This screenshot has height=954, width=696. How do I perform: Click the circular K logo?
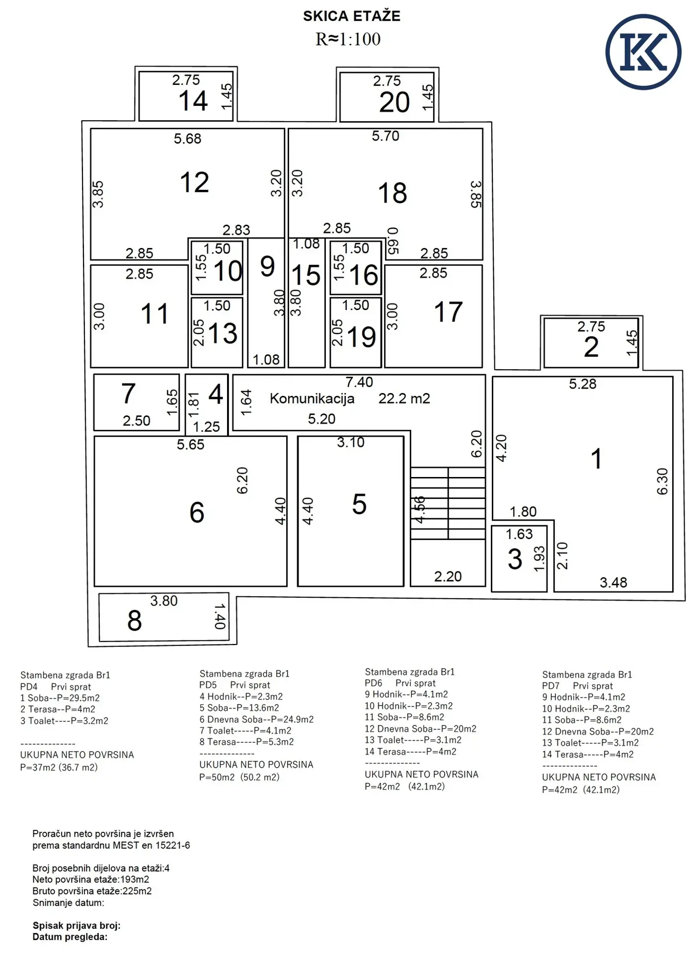643,52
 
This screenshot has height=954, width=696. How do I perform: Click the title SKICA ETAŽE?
352,16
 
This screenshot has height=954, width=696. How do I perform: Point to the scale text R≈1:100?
348,39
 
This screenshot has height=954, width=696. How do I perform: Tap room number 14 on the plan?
193,101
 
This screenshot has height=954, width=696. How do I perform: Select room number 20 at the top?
394,103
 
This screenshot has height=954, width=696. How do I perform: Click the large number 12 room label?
194,182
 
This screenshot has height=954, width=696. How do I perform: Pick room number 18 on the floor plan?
392,193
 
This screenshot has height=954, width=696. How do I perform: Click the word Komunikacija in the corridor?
312,398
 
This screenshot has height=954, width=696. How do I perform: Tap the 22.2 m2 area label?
404,398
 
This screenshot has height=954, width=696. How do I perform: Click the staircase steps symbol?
448,503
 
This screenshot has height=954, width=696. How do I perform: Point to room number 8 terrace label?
135,621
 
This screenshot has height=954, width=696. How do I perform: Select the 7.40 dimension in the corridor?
359,382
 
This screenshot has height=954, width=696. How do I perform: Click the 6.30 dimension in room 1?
663,481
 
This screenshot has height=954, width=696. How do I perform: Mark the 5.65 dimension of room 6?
191,445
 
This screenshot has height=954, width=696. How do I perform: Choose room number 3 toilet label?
515,559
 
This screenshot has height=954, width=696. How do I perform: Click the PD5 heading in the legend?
208,685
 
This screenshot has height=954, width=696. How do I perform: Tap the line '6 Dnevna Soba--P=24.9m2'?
256,719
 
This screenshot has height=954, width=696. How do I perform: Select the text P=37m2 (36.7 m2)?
59,767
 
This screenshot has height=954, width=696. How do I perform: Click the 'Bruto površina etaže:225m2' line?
92,891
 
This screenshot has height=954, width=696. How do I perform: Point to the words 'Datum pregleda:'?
70,937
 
